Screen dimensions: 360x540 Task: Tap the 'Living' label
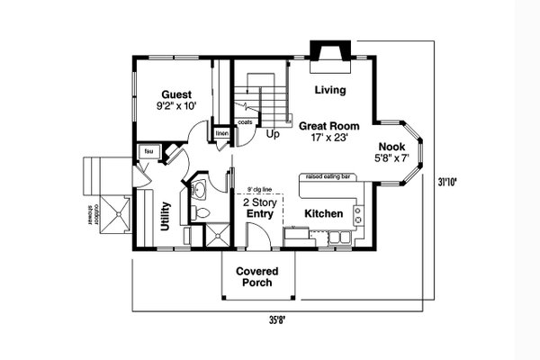point(329,90)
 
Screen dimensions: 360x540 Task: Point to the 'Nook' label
point(391,147)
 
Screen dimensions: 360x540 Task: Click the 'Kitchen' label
point(322,214)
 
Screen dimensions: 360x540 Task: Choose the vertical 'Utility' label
point(166,216)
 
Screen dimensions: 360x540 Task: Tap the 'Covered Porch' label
point(257,277)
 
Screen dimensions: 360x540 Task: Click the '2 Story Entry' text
point(259,209)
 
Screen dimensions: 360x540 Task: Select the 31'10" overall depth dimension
point(447,181)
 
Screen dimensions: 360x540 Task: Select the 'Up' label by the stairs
point(273,133)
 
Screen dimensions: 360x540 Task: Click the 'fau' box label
point(148,151)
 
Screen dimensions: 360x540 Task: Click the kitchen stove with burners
point(359,215)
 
